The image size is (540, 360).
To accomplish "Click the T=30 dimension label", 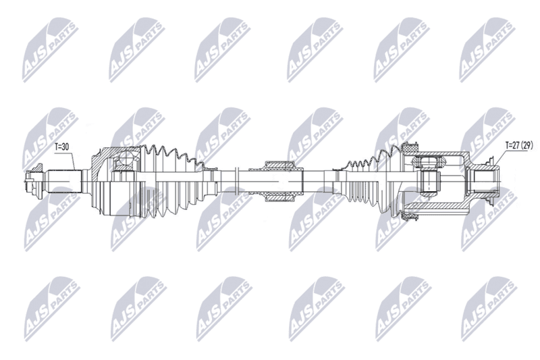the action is [62, 147].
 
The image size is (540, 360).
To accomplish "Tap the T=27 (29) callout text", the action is [519, 145].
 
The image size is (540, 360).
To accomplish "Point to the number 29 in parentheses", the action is [527, 145].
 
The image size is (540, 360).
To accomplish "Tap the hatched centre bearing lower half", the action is [278, 197].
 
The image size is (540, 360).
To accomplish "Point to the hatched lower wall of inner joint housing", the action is [438, 207].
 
